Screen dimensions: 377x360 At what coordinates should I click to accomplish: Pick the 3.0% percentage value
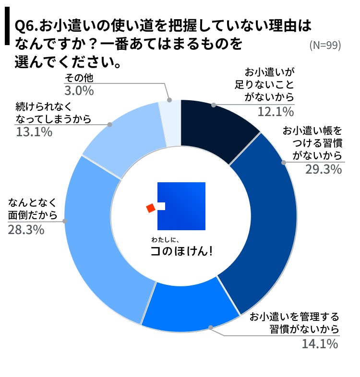(x=79, y=91)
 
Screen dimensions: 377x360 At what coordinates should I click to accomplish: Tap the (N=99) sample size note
(x=325, y=45)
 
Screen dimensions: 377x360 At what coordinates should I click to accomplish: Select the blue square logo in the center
(x=182, y=206)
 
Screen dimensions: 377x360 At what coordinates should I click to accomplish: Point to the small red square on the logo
(x=151, y=207)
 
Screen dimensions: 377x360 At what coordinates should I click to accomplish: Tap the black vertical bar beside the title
(x=7, y=26)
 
